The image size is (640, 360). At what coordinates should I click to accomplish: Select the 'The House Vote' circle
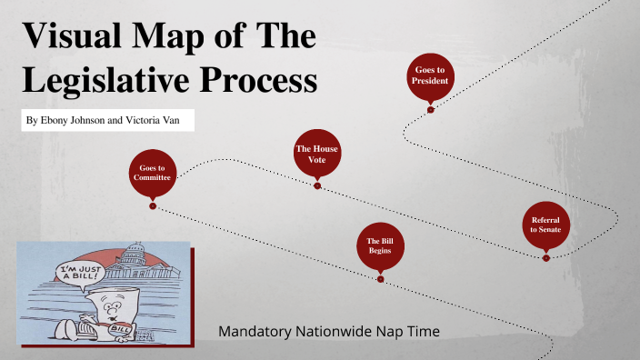tap(317, 153)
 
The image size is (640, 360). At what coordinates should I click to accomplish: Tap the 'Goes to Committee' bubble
tap(152, 173)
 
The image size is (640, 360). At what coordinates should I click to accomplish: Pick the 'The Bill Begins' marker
tap(380, 245)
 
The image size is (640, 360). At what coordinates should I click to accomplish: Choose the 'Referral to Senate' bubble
tap(545, 225)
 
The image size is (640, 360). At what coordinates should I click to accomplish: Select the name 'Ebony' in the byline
tap(57, 120)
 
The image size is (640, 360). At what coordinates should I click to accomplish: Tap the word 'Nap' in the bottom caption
tap(399, 332)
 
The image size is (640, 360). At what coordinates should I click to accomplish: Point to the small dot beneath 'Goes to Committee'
tap(153, 205)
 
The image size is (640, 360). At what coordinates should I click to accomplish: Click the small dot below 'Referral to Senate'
tap(545, 257)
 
